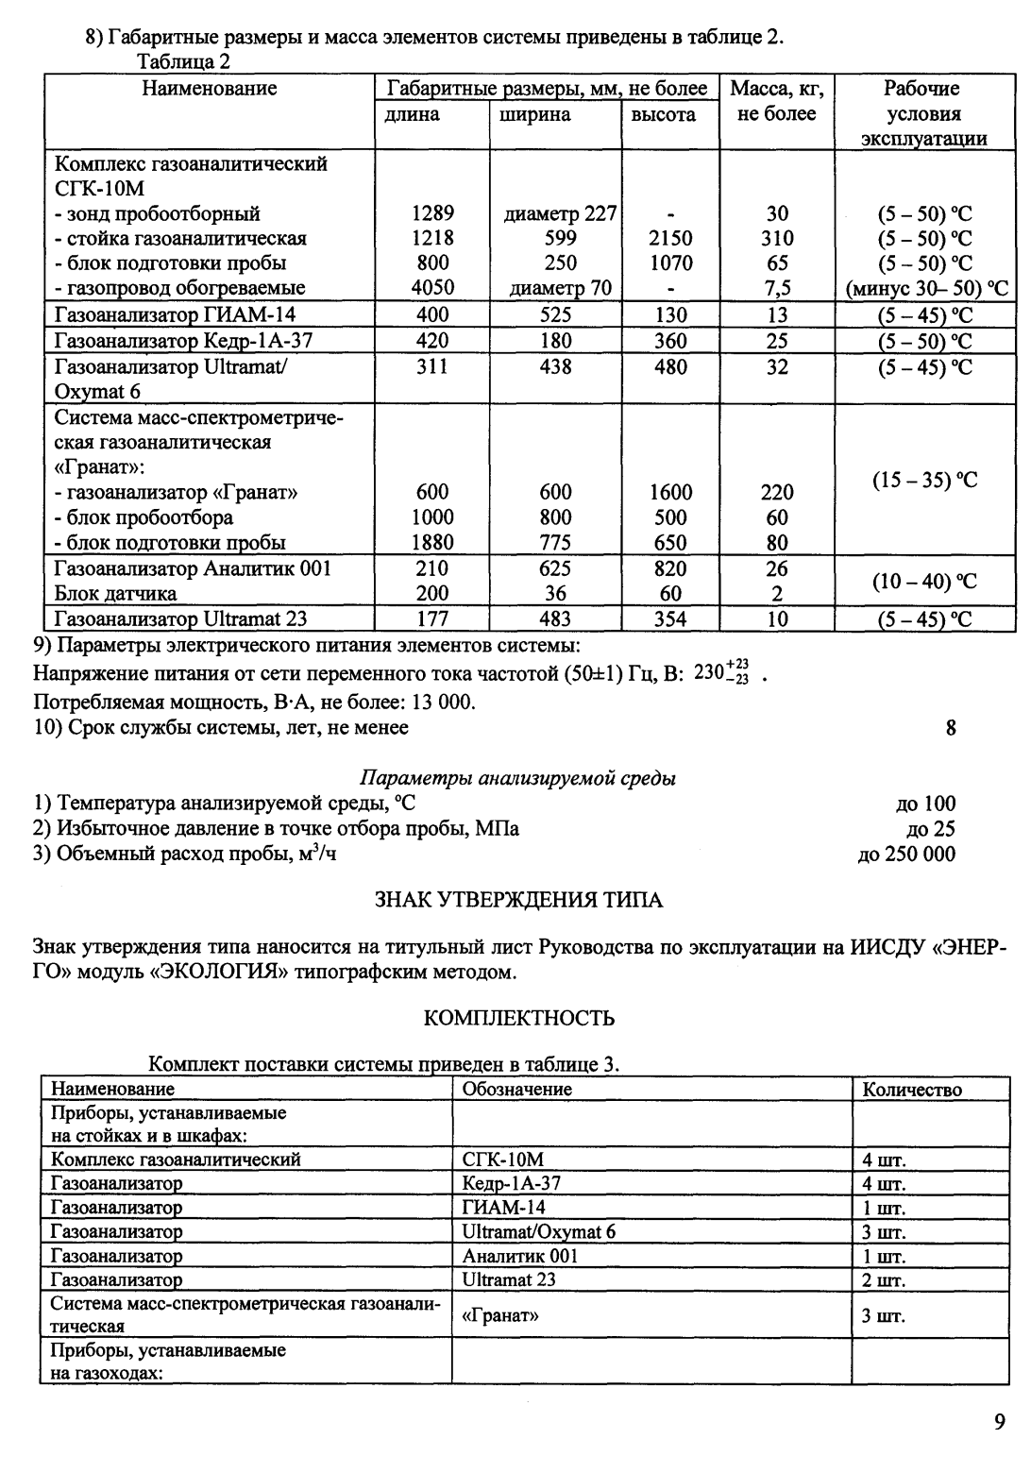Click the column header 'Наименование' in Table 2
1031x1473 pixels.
click(x=210, y=89)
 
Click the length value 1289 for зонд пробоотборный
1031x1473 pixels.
click(x=432, y=213)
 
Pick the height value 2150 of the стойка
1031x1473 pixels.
click(x=670, y=239)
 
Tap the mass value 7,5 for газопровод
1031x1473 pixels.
click(x=777, y=288)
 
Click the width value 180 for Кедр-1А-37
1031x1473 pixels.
click(x=555, y=341)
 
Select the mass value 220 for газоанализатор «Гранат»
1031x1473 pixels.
click(x=777, y=492)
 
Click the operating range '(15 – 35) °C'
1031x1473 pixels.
click(x=922, y=481)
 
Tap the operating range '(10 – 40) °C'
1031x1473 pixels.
click(x=922, y=581)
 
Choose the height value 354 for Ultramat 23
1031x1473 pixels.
click(x=670, y=619)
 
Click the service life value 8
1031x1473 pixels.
click(x=950, y=728)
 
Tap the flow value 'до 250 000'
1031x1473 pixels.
click(x=905, y=855)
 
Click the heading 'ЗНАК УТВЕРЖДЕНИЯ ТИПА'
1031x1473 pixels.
click(x=519, y=900)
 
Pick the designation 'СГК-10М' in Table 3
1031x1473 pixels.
click(x=503, y=1160)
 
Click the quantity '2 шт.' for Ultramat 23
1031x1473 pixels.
click(x=883, y=1281)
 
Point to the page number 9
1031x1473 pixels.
click(x=999, y=1422)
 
